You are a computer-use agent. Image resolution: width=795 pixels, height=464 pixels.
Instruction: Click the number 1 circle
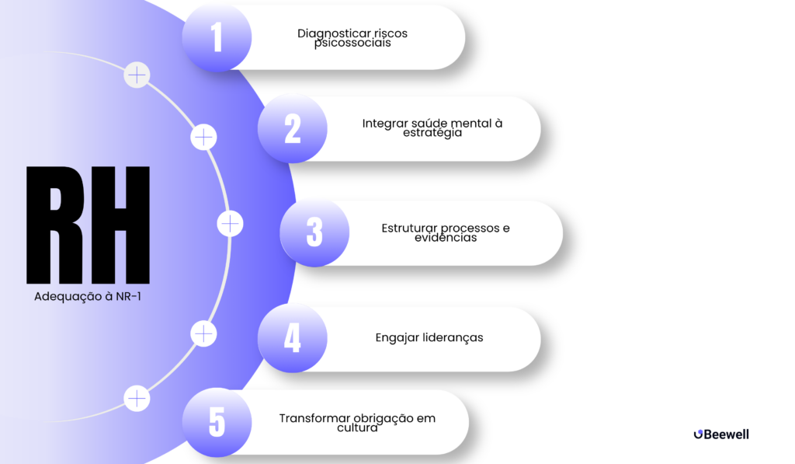click(217, 37)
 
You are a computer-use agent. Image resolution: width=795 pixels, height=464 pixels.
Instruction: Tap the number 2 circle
click(293, 128)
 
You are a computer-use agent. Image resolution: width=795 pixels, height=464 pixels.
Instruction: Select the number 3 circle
click(315, 232)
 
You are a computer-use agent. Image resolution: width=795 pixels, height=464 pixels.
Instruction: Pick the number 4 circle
click(293, 338)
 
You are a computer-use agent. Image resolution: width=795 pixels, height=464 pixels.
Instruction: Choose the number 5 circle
click(217, 422)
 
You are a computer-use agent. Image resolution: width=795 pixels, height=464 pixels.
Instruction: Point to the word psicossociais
click(352, 44)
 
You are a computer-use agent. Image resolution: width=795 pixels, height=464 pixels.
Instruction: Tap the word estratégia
click(432, 133)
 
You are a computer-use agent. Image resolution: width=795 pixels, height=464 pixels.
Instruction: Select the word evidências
click(446, 238)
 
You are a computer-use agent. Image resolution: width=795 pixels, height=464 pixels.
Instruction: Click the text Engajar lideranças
click(429, 337)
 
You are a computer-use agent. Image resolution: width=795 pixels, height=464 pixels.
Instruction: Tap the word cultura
click(357, 428)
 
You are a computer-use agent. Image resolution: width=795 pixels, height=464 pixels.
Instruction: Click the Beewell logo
click(721, 434)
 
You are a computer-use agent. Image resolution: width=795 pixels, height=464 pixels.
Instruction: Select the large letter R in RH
click(55, 225)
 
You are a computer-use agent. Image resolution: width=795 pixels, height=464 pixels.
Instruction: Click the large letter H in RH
click(120, 225)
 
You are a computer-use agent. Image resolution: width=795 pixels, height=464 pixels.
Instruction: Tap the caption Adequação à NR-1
click(88, 296)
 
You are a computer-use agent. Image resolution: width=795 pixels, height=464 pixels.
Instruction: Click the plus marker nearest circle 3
click(230, 224)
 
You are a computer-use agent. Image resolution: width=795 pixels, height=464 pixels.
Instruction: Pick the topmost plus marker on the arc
click(137, 75)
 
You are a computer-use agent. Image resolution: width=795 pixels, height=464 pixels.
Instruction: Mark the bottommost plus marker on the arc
click(137, 399)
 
